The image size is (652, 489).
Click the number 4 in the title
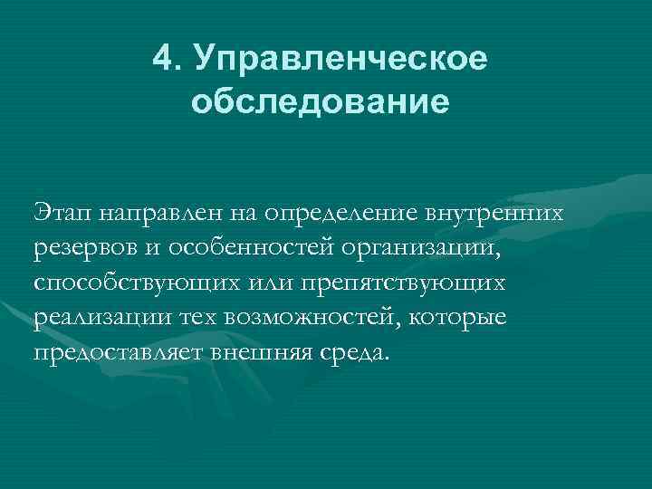point(163,59)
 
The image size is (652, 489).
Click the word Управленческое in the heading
point(345,61)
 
